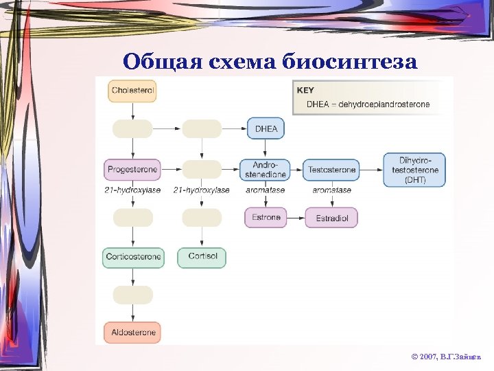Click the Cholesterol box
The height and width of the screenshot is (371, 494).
click(132, 91)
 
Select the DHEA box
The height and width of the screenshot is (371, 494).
click(266, 128)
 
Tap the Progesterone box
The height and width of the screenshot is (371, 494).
click(132, 169)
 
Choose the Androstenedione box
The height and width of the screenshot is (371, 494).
click(266, 170)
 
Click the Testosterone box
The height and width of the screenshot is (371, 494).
click(331, 170)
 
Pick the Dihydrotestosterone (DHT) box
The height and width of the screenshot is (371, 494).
click(414, 170)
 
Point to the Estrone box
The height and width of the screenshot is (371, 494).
click(266, 218)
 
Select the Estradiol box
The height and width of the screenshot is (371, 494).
click(331, 218)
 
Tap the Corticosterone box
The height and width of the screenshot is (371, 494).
click(134, 258)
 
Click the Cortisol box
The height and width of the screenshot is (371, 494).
click(202, 258)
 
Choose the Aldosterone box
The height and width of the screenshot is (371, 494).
click(132, 333)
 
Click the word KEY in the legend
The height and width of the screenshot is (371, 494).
click(305, 91)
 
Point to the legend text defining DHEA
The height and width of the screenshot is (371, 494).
click(368, 104)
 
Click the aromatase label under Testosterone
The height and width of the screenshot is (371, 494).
click(331, 190)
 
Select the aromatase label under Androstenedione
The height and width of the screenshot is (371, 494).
click(265, 190)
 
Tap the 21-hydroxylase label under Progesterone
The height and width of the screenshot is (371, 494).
click(132, 190)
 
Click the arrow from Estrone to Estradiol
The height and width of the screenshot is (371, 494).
click(296, 218)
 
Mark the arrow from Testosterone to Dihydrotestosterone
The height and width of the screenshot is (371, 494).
click(371, 170)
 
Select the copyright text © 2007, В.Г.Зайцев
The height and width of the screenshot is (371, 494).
click(446, 358)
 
